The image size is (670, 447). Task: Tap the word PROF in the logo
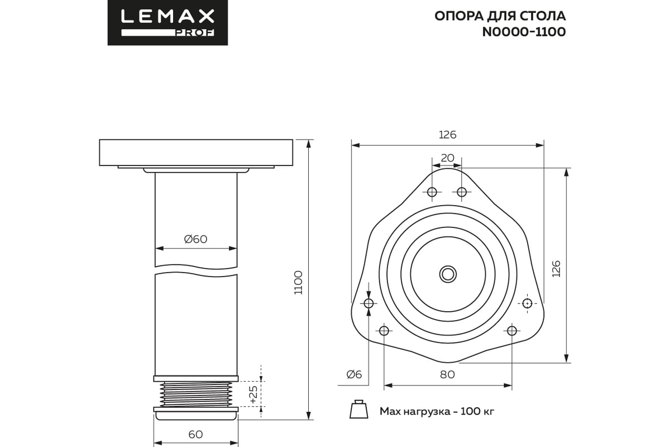tap(194, 33)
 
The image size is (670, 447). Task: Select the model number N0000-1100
tap(524, 32)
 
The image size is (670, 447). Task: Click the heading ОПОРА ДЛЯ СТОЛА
tap(500, 15)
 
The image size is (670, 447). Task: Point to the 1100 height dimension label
tap(298, 283)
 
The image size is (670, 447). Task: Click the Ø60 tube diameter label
tap(195, 239)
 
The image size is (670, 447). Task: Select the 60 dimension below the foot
tap(195, 434)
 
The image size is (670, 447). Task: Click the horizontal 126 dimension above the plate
tap(447, 135)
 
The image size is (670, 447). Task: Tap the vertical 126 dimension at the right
tap(556, 269)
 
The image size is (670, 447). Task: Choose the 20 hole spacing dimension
tap(447, 158)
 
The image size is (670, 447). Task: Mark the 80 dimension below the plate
tap(447, 374)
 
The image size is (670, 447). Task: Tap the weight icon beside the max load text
tap(357, 410)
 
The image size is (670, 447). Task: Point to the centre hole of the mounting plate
tap(447, 274)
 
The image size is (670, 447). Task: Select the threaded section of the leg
tap(195, 394)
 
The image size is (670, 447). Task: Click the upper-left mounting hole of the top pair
tap(432, 192)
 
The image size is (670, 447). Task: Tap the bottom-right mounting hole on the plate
tap(512, 330)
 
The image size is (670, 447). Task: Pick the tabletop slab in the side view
tap(195, 153)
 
